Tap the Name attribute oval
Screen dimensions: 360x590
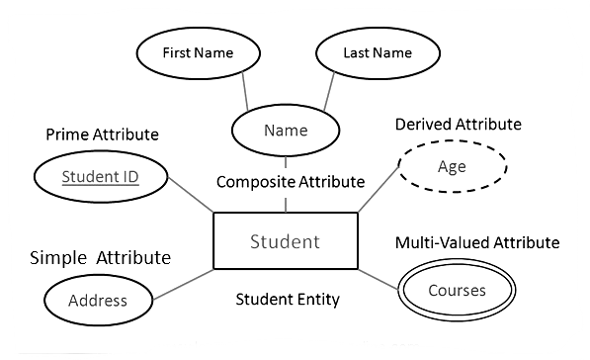click(286, 131)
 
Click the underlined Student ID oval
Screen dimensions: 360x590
click(100, 178)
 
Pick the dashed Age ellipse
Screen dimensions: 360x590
click(452, 167)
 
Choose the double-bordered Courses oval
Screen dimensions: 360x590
click(457, 291)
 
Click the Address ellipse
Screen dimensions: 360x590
click(99, 300)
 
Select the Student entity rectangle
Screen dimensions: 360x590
click(285, 241)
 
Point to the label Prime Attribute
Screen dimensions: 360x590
click(103, 134)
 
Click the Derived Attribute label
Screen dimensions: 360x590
click(458, 125)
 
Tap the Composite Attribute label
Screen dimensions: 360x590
click(290, 182)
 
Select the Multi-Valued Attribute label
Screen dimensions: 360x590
click(477, 242)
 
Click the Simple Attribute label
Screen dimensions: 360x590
click(100, 258)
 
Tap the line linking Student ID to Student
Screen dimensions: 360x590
click(190, 195)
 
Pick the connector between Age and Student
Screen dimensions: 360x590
click(379, 193)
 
